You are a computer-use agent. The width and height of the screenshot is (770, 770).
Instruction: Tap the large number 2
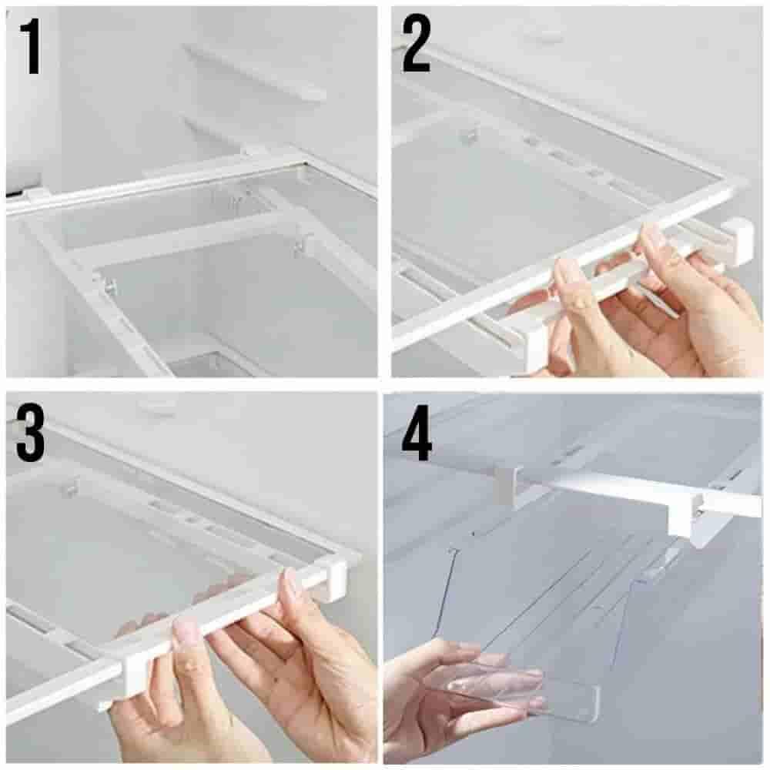tap(417, 44)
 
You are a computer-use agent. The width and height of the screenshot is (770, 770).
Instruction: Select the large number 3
tap(31, 433)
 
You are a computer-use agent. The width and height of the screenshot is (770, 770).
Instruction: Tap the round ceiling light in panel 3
tap(157, 406)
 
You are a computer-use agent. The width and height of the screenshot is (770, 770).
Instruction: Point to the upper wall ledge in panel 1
tap(256, 71)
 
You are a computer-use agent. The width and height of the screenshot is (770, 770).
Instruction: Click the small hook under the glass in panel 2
tap(470, 135)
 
